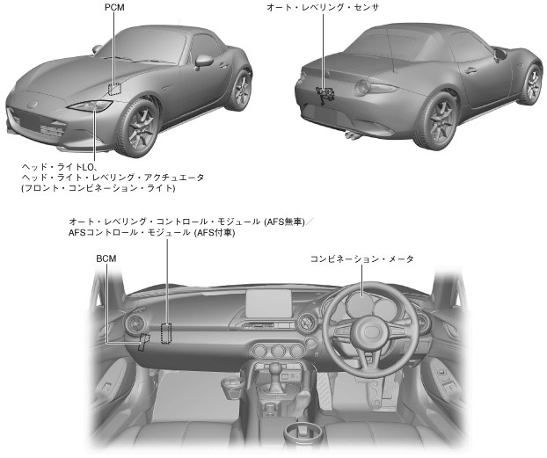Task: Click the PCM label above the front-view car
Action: [115, 7]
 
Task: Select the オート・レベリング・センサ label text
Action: [323, 7]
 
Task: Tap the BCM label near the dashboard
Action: [106, 258]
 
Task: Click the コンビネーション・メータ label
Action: [361, 259]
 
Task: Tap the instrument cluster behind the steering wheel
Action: [367, 303]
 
